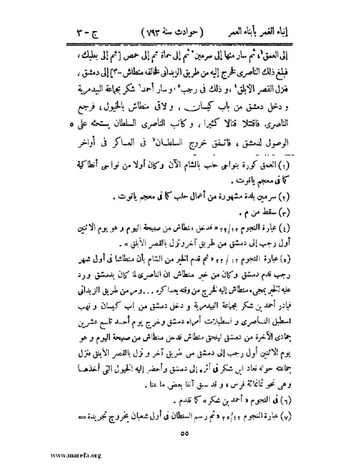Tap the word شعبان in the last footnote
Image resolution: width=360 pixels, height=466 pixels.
pyautogui.click(x=140, y=412)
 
